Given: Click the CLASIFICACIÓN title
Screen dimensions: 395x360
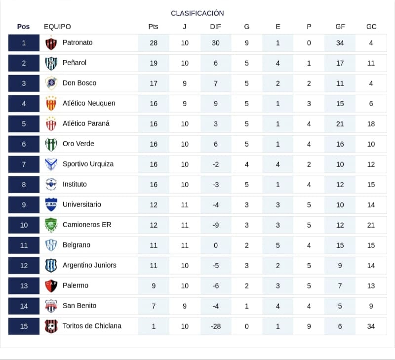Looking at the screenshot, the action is [x=197, y=13].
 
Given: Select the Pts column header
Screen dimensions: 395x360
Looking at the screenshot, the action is [x=153, y=27].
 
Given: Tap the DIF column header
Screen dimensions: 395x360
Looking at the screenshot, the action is [x=215, y=27].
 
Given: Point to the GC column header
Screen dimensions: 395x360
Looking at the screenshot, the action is [x=371, y=27].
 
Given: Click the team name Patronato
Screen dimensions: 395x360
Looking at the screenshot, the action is [x=78, y=42].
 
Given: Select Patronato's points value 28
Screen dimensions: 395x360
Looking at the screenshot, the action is [x=154, y=43].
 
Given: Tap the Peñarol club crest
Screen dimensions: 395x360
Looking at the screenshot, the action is [x=51, y=63].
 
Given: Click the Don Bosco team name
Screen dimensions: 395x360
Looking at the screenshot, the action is [x=79, y=83].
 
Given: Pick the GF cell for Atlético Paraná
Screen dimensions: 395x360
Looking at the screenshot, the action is [x=340, y=124].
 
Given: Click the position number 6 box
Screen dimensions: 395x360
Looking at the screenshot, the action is [x=24, y=144].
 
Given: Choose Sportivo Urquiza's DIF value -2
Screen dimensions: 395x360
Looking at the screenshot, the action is [x=216, y=164].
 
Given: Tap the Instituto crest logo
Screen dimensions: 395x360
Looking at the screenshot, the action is [x=51, y=184].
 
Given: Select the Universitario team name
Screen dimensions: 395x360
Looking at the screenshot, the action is [x=82, y=204].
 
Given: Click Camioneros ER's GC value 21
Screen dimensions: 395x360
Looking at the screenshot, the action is [x=371, y=225].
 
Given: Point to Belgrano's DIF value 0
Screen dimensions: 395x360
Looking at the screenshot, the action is [x=216, y=245].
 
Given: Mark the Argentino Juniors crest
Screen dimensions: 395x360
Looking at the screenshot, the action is [x=51, y=266].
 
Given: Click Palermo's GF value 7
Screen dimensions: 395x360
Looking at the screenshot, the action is [x=340, y=286].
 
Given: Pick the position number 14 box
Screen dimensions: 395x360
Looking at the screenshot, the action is [x=24, y=306].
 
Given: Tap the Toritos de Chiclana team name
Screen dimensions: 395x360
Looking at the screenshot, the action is [x=92, y=326].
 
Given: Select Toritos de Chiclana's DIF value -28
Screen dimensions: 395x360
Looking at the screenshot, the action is [x=216, y=326].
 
